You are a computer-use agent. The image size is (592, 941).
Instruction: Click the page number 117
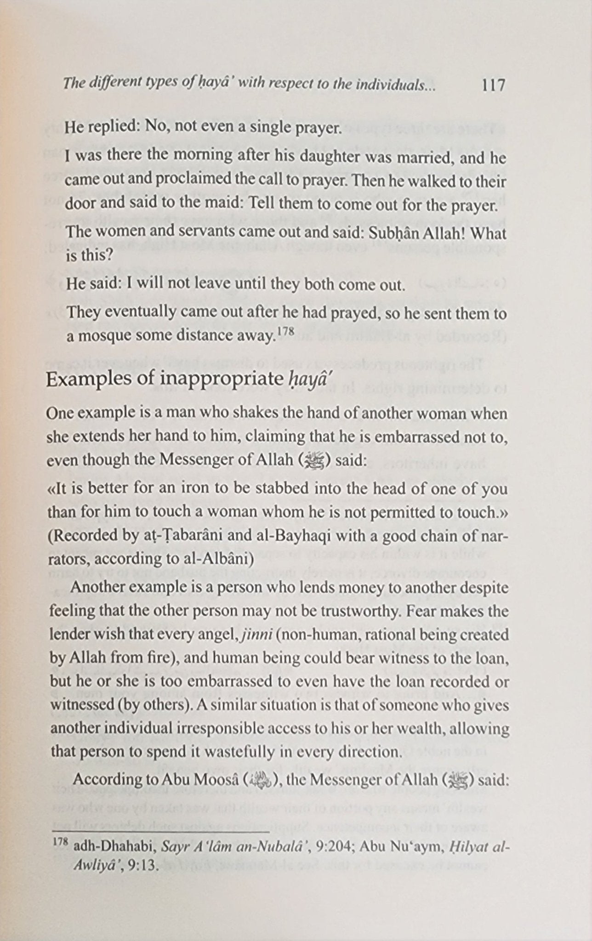(494, 85)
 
